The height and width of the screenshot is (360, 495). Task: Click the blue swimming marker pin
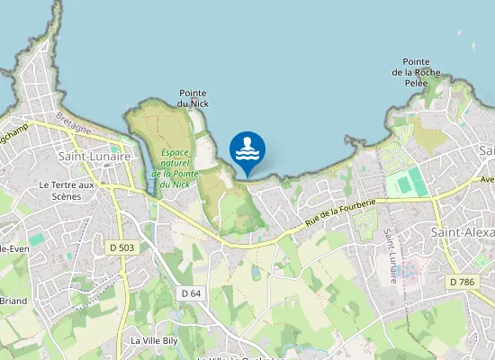[247, 151]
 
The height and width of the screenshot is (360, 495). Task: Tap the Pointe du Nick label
[193, 98]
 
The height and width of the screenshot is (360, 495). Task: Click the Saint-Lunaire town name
[94, 157]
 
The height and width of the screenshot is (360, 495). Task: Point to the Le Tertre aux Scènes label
[67, 190]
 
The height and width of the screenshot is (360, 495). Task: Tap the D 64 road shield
[191, 293]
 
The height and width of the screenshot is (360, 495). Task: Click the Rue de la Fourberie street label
[339, 213]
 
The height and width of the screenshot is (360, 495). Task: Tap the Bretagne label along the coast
[74, 123]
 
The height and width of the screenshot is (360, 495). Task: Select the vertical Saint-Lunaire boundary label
[391, 256]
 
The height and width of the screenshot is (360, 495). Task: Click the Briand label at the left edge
[13, 301]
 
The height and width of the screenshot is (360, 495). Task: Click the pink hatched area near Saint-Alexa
[410, 269]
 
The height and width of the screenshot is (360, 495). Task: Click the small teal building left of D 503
[37, 240]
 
